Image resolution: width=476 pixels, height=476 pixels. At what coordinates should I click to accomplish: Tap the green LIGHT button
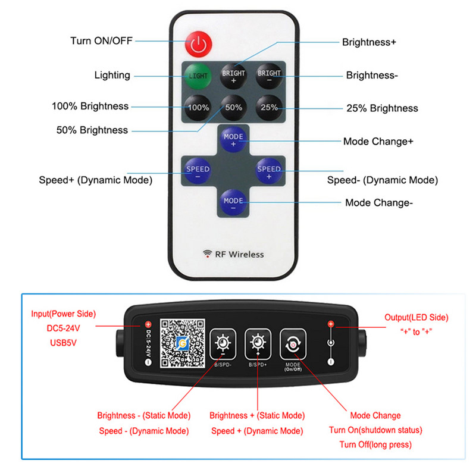point(198,76)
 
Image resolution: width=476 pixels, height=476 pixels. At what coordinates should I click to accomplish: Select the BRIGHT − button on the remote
point(268,76)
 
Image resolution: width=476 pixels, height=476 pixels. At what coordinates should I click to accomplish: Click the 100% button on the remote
point(198,108)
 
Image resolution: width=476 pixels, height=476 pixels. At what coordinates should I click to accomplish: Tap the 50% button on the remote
point(233,108)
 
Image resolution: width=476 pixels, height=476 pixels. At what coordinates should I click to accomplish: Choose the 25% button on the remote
point(268,108)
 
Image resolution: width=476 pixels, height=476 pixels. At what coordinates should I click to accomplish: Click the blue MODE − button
point(233,201)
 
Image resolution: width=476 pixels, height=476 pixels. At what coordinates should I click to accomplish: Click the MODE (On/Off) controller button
point(293,345)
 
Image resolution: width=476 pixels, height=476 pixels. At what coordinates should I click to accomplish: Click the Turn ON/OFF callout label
point(101,41)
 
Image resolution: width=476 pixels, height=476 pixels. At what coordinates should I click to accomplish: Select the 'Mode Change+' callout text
point(378,142)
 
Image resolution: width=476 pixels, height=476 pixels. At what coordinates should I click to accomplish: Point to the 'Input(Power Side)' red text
point(64,314)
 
